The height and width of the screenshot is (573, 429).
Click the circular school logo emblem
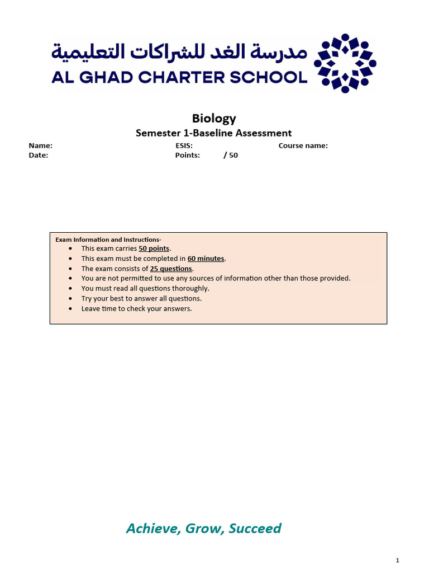point(345,63)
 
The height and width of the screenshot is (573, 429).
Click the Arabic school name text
point(179,52)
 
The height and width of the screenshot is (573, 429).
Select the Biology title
point(214,118)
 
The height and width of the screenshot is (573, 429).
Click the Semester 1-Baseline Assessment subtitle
point(214,133)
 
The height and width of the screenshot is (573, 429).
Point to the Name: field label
point(41,145)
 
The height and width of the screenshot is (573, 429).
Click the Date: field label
point(39,155)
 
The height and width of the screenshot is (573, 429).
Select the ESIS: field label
point(184,145)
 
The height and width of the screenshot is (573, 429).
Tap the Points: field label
point(188,155)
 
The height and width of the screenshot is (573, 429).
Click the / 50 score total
point(231,155)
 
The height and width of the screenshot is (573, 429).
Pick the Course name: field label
point(303,145)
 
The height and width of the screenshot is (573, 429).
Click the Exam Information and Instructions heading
point(108,239)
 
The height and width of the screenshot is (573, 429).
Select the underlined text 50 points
point(155,248)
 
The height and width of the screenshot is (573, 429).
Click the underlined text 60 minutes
point(206,259)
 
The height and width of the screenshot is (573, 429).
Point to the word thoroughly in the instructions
point(190,289)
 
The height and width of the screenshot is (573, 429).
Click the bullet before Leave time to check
point(70,309)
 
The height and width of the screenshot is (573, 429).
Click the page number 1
point(397,560)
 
